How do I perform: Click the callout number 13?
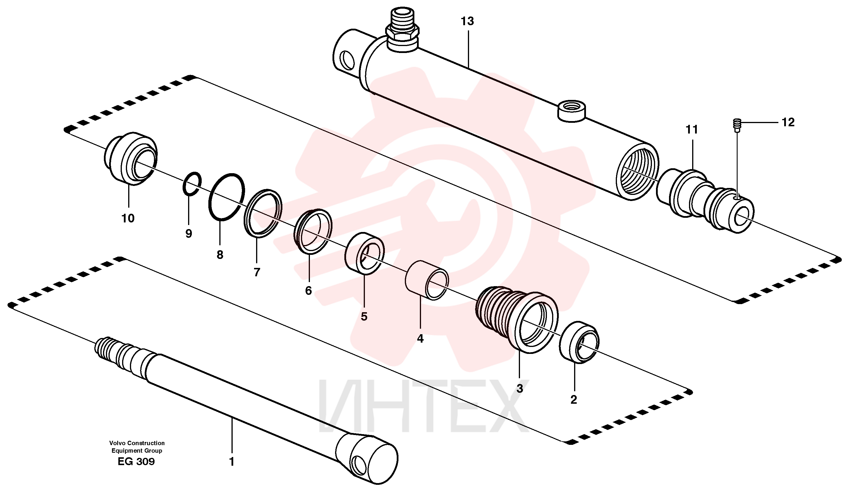[467, 21]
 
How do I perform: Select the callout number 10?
[128, 218]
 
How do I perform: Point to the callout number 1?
[231, 462]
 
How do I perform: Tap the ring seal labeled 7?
[263, 213]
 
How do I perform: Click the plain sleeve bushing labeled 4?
[427, 280]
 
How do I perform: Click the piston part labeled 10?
[131, 158]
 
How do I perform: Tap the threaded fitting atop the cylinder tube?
[403, 30]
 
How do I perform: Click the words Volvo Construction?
[137, 443]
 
